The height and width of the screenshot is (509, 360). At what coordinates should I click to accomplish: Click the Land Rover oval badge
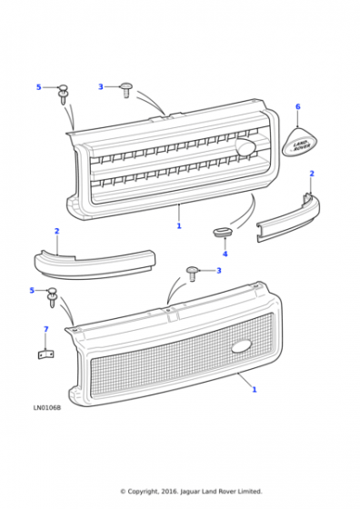point(299,142)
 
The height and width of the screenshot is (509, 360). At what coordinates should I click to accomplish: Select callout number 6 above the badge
point(297,107)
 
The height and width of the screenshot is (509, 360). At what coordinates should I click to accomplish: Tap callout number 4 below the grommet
point(225,254)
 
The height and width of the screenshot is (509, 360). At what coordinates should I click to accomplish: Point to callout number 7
point(45,329)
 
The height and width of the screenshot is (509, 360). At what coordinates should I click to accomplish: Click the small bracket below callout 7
point(45,354)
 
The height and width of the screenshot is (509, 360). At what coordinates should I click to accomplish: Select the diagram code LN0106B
point(46,408)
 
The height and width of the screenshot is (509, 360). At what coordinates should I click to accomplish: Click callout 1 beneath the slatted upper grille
point(179,225)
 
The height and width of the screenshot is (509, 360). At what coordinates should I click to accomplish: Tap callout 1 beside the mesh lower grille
point(255,389)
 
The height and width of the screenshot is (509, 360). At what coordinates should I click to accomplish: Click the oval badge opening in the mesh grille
point(242,346)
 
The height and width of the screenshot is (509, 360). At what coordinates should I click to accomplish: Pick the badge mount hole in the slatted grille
point(245,146)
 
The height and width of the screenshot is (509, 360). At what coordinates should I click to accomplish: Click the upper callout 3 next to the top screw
point(101,86)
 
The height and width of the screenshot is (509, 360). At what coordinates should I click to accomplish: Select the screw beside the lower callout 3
point(192,274)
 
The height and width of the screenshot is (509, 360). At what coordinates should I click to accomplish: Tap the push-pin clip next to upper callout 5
point(63,94)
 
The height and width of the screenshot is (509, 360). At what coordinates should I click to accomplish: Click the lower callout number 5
point(32,290)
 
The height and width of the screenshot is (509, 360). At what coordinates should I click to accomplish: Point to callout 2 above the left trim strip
point(56,231)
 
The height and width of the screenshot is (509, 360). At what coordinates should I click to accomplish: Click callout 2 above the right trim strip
point(312,174)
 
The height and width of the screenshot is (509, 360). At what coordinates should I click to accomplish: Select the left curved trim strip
point(95,264)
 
